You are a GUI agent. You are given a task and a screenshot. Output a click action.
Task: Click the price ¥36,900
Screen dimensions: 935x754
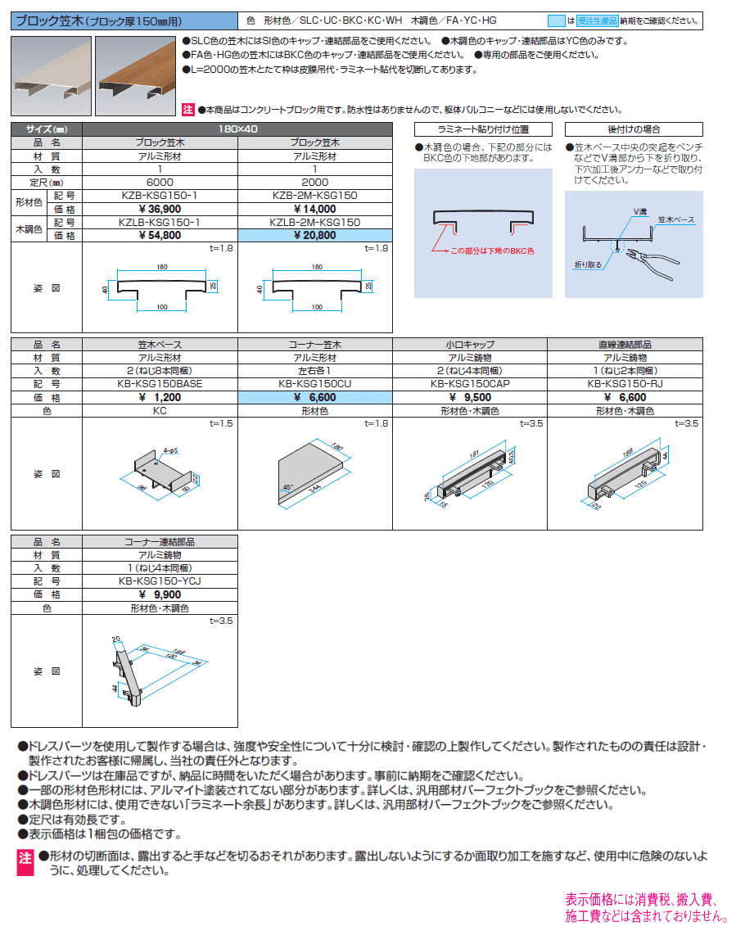[160, 208]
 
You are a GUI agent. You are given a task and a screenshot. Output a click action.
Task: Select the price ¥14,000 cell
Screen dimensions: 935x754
[315, 208]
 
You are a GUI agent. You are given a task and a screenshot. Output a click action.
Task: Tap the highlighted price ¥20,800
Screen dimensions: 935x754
[315, 234]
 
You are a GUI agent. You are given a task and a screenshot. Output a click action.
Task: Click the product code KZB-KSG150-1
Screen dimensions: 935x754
[160, 196]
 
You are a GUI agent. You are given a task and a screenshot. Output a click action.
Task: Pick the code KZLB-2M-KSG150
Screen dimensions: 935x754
[315, 222]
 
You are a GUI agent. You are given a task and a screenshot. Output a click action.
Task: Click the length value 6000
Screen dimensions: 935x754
[160, 183]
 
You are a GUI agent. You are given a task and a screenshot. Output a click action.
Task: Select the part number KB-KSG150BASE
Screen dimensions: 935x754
[160, 382]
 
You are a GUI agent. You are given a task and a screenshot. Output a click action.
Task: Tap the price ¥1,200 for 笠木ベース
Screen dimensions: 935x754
[160, 396]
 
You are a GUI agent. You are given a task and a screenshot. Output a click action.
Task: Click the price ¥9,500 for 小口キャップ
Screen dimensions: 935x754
[469, 396]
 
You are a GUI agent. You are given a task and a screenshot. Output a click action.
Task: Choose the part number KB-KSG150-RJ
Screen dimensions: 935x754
[625, 382]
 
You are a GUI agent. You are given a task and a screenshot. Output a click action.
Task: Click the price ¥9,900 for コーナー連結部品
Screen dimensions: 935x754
[160, 594]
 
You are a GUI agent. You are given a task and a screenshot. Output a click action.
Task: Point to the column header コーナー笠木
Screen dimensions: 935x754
[315, 344]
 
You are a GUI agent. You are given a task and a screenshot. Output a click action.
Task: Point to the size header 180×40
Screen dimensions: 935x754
[238, 129]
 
